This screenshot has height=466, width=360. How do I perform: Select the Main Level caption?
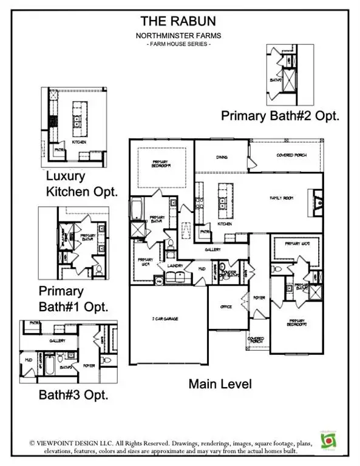[219, 384]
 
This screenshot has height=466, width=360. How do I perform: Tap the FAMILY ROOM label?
[282, 198]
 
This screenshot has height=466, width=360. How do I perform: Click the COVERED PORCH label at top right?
[291, 155]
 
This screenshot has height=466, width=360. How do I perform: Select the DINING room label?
[222, 157]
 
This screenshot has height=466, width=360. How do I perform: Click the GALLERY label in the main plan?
[212, 249]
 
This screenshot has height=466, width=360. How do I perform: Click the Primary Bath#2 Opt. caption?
[280, 114]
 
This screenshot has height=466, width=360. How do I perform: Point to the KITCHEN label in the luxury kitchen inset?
[79, 142]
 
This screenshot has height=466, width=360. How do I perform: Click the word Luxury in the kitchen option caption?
[66, 177]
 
